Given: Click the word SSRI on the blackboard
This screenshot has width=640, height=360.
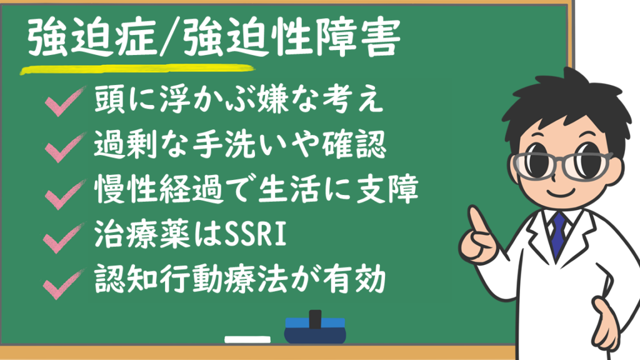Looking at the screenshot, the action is tap(255, 235).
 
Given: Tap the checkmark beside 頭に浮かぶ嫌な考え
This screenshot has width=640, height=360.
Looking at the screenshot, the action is tap(64, 102).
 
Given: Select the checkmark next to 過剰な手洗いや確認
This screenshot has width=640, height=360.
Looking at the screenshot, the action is tap(64, 147).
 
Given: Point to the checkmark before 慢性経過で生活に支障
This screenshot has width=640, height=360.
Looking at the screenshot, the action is tap(64, 194).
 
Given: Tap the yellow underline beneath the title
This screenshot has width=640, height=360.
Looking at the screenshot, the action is tap(137, 69).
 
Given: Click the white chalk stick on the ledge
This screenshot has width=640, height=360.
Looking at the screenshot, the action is tap(247, 339).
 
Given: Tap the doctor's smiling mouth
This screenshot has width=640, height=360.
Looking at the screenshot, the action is tap(561, 192).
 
